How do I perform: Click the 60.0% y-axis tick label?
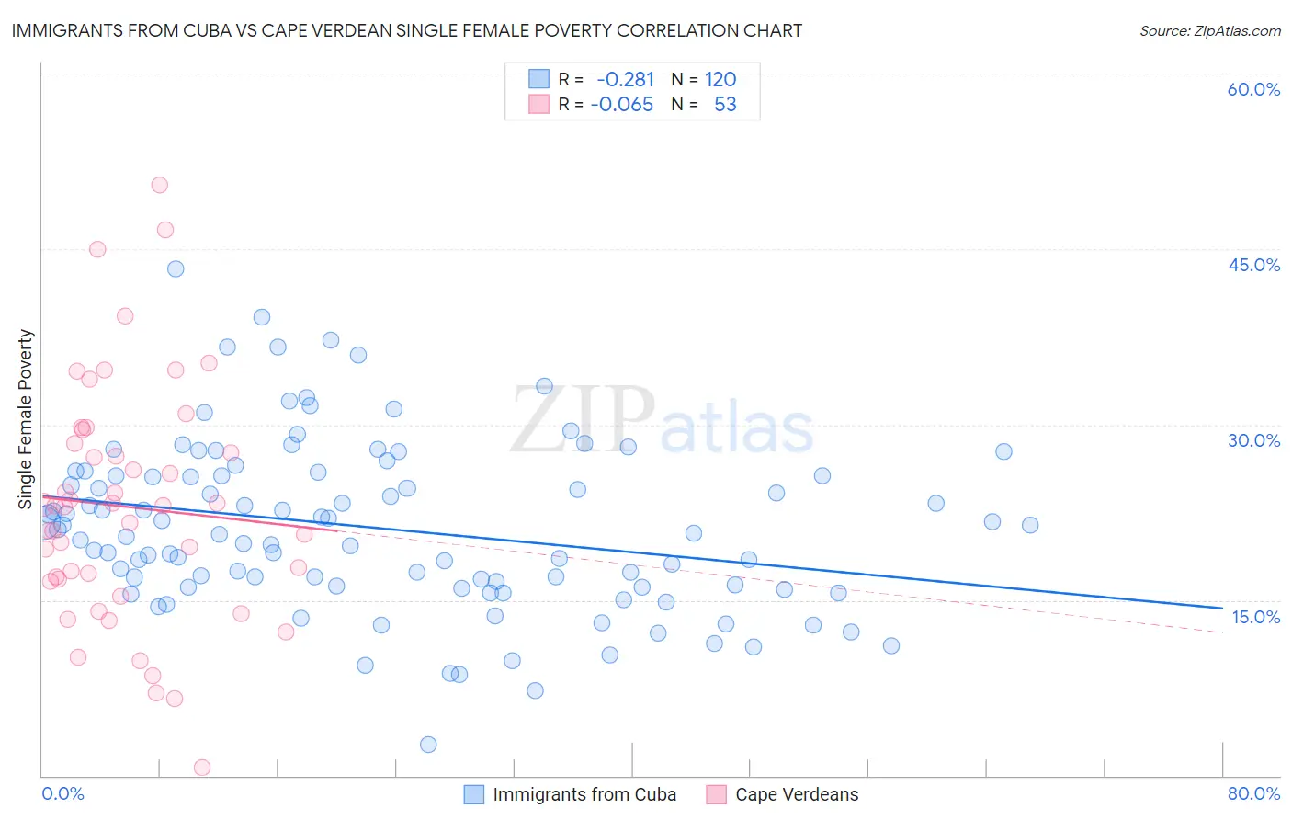[x=1253, y=89]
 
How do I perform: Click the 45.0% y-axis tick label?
[x=1253, y=265]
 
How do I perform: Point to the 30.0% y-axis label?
[x=1253, y=440]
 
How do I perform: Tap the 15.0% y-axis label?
[x=1255, y=617]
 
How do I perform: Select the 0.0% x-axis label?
[x=62, y=793]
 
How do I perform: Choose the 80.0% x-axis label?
[x=1253, y=793]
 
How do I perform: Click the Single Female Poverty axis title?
[x=26, y=419]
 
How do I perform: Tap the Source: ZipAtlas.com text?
[x=1209, y=30]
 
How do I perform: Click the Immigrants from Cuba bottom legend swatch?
[x=474, y=794]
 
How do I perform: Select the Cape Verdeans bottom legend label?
[x=797, y=794]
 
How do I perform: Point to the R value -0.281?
[x=625, y=79]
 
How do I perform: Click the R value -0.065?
[x=621, y=104]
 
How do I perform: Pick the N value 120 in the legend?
[x=720, y=79]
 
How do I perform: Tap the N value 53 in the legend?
[x=725, y=104]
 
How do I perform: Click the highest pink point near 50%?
[x=159, y=185]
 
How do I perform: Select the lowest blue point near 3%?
[x=428, y=745]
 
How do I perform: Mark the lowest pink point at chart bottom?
[x=202, y=768]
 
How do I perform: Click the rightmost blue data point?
[x=1030, y=525]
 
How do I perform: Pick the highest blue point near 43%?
[x=176, y=268]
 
